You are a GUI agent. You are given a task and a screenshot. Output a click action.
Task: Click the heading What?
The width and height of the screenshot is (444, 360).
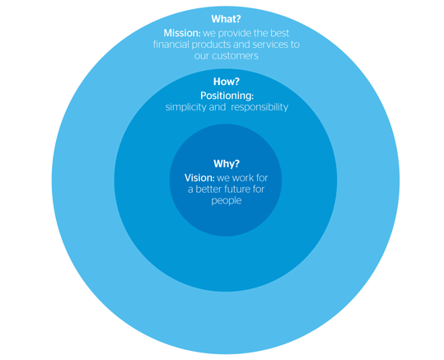(226, 19)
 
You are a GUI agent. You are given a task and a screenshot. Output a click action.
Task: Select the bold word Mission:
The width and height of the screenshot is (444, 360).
(182, 33)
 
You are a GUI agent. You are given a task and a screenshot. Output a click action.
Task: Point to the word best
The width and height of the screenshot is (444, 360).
(279, 33)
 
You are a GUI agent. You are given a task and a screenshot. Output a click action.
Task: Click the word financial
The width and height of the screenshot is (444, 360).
(171, 44)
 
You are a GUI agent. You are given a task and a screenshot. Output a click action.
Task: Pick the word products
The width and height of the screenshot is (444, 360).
(211, 45)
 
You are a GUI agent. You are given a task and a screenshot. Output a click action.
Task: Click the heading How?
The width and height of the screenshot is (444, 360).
(227, 82)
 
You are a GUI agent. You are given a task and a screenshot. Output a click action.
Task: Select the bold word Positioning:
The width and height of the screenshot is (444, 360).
(227, 96)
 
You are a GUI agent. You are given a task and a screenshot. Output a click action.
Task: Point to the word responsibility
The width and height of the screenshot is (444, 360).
(259, 107)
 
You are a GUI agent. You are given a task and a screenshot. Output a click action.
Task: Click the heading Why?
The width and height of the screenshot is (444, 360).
(227, 164)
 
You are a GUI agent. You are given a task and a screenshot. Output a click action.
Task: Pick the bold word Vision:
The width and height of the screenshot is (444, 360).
(199, 178)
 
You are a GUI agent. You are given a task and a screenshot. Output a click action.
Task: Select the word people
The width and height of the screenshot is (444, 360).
(227, 201)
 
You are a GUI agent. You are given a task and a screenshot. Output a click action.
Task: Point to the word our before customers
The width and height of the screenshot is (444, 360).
(202, 56)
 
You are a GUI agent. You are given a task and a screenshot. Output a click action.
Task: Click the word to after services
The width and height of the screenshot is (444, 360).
(295, 44)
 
